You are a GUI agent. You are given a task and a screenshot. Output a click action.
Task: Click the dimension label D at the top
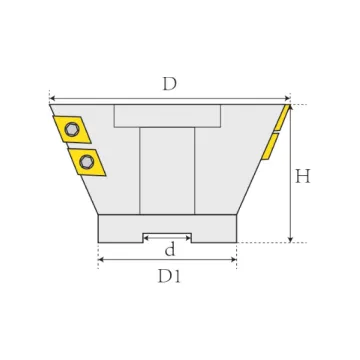click(169, 84)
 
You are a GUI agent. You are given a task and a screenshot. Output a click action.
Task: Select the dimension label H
click(303, 176)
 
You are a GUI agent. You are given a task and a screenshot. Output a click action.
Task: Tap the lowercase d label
click(170, 249)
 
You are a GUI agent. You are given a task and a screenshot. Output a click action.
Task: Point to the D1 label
click(169, 276)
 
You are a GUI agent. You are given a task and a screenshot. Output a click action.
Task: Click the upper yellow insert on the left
click(72, 129)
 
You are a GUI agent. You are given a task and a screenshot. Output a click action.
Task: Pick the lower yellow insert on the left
click(87, 162)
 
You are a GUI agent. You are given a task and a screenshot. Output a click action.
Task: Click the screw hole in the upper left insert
click(71, 129)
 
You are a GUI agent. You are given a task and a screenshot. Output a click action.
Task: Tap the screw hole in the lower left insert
click(87, 162)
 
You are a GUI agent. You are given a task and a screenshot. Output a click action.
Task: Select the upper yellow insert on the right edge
click(282, 118)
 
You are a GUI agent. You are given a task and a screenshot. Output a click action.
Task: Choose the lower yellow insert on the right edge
click(270, 147)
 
